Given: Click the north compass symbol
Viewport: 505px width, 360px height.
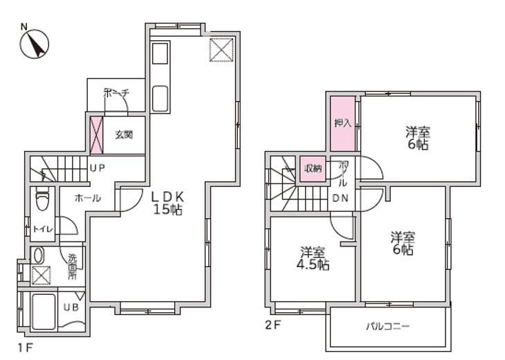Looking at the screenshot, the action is (34, 43).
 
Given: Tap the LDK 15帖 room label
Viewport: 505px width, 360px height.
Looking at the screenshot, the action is (167, 203).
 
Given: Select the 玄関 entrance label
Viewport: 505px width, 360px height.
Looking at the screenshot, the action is (124, 134).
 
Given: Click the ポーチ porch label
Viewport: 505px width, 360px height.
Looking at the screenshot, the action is (116, 93).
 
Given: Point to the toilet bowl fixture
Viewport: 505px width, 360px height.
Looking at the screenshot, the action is (42, 198).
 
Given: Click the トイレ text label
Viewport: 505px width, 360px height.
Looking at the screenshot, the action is (43, 229).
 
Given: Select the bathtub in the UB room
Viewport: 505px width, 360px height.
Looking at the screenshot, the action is (44, 312).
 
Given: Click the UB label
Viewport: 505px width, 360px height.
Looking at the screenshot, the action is (71, 307).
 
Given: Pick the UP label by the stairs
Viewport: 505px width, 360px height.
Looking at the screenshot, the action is (98, 168).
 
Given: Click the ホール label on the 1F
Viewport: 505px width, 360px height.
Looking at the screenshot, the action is (88, 198).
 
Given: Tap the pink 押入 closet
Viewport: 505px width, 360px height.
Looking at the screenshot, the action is (342, 123).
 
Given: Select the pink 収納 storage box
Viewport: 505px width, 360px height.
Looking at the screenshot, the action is (313, 168).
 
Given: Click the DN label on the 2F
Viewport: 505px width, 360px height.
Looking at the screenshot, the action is (340, 198).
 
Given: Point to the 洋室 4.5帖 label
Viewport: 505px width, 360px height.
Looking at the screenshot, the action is (313, 258).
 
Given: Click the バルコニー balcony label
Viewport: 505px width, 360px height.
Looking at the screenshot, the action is (388, 327).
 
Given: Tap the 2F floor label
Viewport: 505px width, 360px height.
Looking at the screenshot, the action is (273, 325).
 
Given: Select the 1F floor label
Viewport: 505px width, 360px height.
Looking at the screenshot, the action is (25, 348).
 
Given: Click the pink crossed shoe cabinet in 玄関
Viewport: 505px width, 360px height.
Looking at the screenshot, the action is (97, 136).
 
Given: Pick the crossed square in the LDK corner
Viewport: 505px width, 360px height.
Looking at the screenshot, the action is (221, 50).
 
